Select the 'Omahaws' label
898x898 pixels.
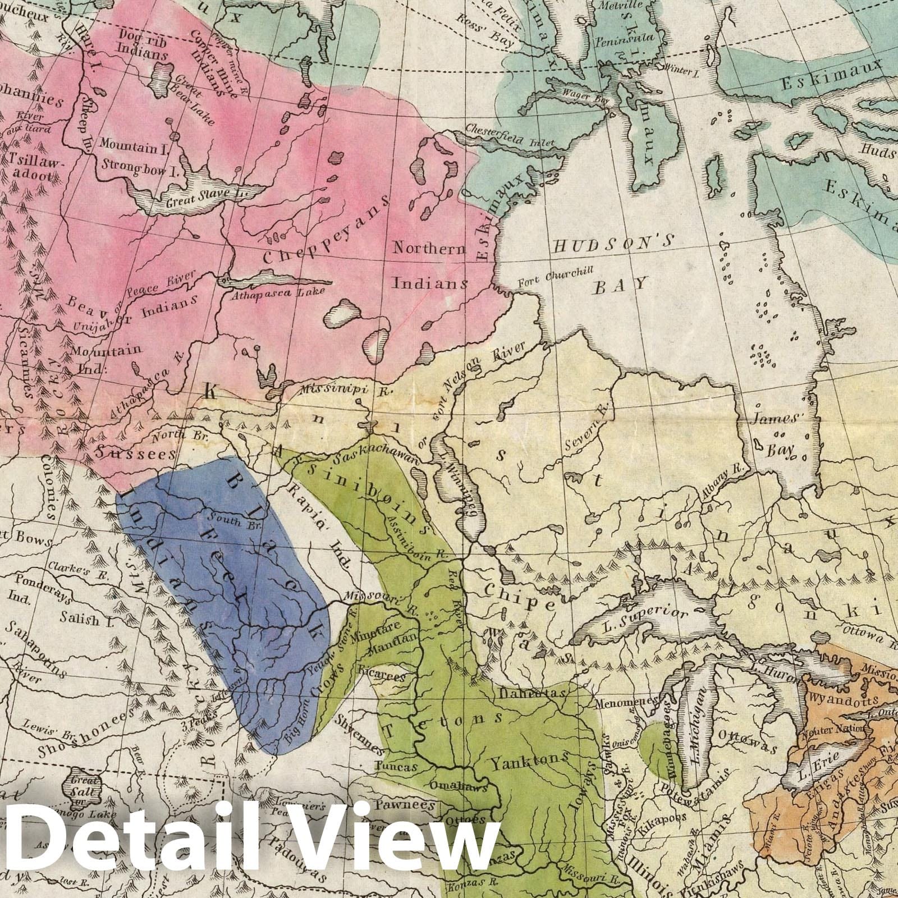pyautogui.click(x=455, y=785)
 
